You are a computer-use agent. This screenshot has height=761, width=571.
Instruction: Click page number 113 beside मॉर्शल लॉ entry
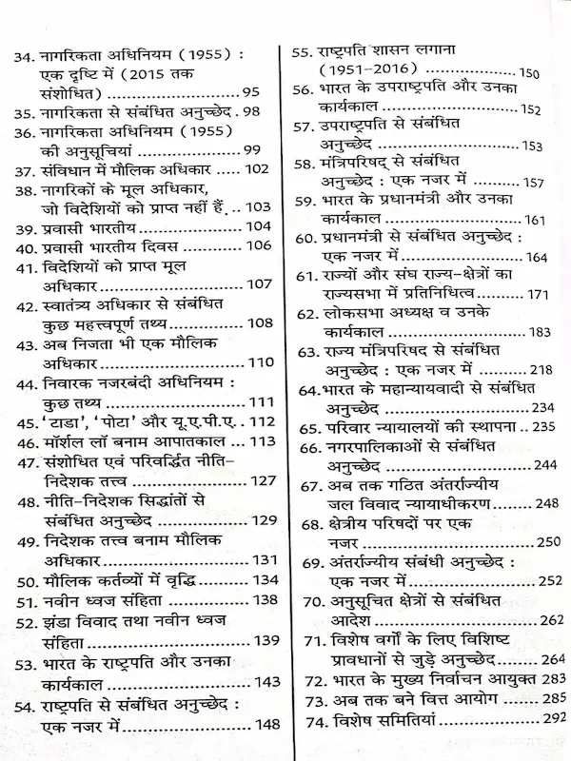pos(257,442)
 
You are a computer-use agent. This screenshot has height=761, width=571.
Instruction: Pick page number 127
pos(260,480)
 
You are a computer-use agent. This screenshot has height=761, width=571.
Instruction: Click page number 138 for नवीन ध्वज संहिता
pos(259,599)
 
